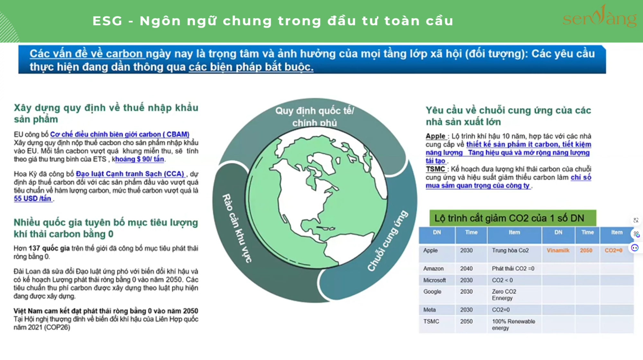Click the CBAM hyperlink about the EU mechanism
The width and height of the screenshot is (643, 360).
120,134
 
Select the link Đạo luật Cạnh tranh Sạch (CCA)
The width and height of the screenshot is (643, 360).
130,174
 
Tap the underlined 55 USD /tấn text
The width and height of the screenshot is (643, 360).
32,199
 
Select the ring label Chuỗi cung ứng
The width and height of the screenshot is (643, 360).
388,241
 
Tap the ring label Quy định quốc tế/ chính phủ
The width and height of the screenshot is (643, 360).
315,116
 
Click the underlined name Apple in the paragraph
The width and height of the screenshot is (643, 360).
436,136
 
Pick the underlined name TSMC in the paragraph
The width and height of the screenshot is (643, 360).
436,169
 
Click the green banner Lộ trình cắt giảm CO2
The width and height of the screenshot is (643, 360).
513,218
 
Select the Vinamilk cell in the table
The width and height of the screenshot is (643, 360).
558,250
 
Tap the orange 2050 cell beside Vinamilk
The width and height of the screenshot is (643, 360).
586,250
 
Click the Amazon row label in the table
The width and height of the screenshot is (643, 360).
433,268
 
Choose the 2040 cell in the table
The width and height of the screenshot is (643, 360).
466,268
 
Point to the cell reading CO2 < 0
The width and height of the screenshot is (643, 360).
502,280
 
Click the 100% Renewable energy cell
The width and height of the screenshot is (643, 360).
513,325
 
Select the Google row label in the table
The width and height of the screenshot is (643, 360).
432,292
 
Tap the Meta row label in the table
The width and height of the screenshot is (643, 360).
429,310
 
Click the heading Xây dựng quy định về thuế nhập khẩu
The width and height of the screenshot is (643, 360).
106,108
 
